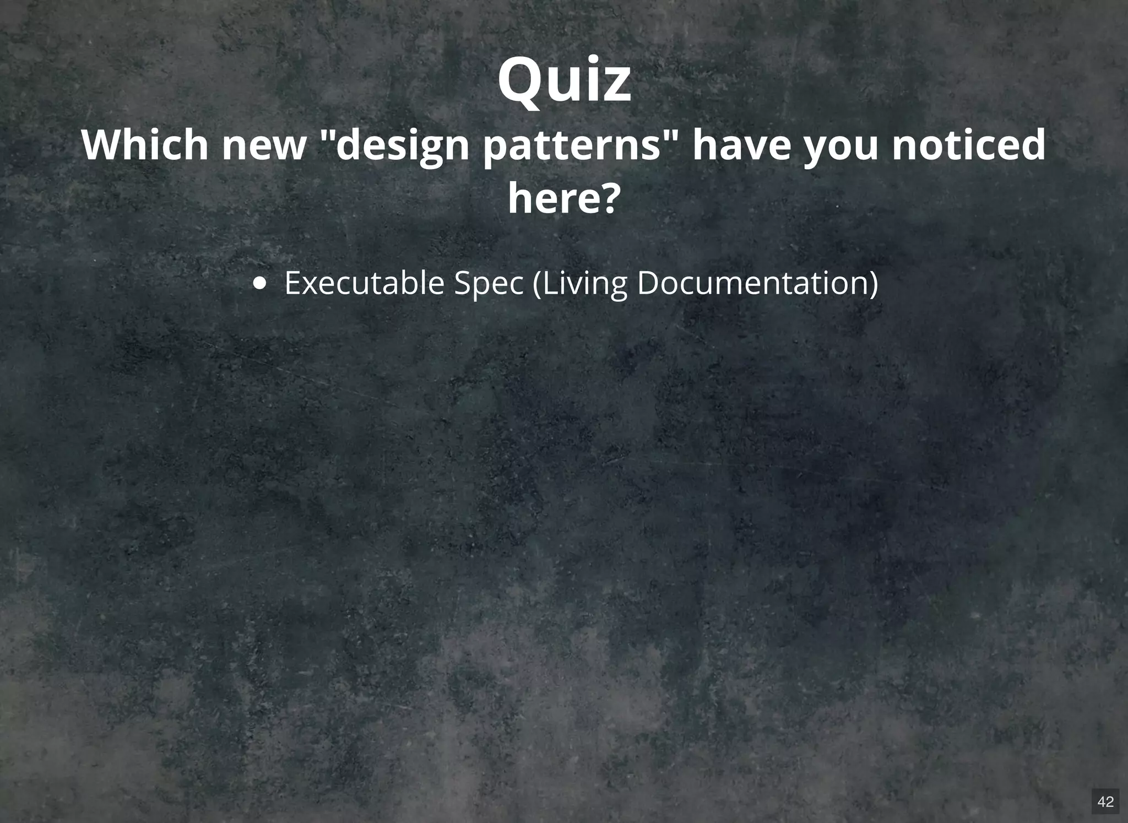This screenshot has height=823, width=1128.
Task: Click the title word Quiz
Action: coord(564,80)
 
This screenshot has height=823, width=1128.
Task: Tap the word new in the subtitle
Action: coord(263,146)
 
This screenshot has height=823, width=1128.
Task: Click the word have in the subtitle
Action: coord(741,145)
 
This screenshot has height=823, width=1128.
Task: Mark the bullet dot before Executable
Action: coord(259,284)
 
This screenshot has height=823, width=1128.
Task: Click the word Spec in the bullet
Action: coord(488,284)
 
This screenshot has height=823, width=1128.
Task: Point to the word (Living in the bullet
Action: coord(580,284)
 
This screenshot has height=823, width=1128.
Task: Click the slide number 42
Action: coord(1105,801)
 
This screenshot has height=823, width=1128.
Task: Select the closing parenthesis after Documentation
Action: coord(873,284)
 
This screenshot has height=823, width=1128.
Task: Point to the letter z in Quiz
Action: coord(617,86)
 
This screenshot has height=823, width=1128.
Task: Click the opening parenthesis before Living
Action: coord(538,284)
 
